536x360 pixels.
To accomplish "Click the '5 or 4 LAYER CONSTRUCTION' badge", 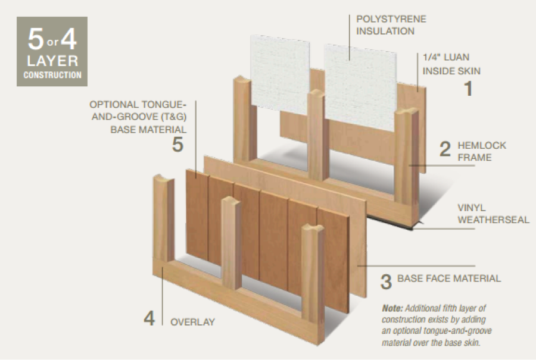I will (x=52, y=52).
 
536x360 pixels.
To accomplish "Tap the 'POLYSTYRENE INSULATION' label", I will (x=391, y=24).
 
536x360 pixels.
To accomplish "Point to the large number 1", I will (x=468, y=89).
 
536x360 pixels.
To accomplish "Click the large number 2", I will (x=445, y=149).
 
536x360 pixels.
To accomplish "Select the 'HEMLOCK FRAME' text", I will (x=475, y=151).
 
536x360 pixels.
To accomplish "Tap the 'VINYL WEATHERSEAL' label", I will (x=493, y=214).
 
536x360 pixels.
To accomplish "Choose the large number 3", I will (x=386, y=281).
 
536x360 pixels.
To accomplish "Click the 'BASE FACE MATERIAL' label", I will (x=449, y=278).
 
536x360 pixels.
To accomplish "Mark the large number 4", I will (x=149, y=318).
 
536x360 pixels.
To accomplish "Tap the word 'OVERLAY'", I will (x=192, y=322).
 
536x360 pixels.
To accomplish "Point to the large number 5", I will (x=177, y=144).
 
